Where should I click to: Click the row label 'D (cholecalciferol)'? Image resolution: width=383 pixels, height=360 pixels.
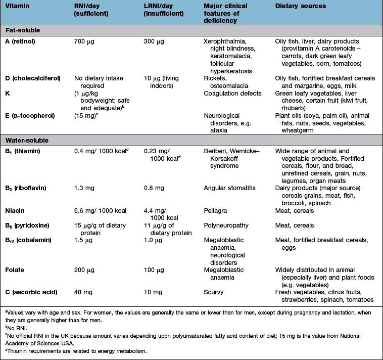click(34, 78)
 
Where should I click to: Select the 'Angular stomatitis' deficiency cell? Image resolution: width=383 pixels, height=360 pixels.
click(228, 188)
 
